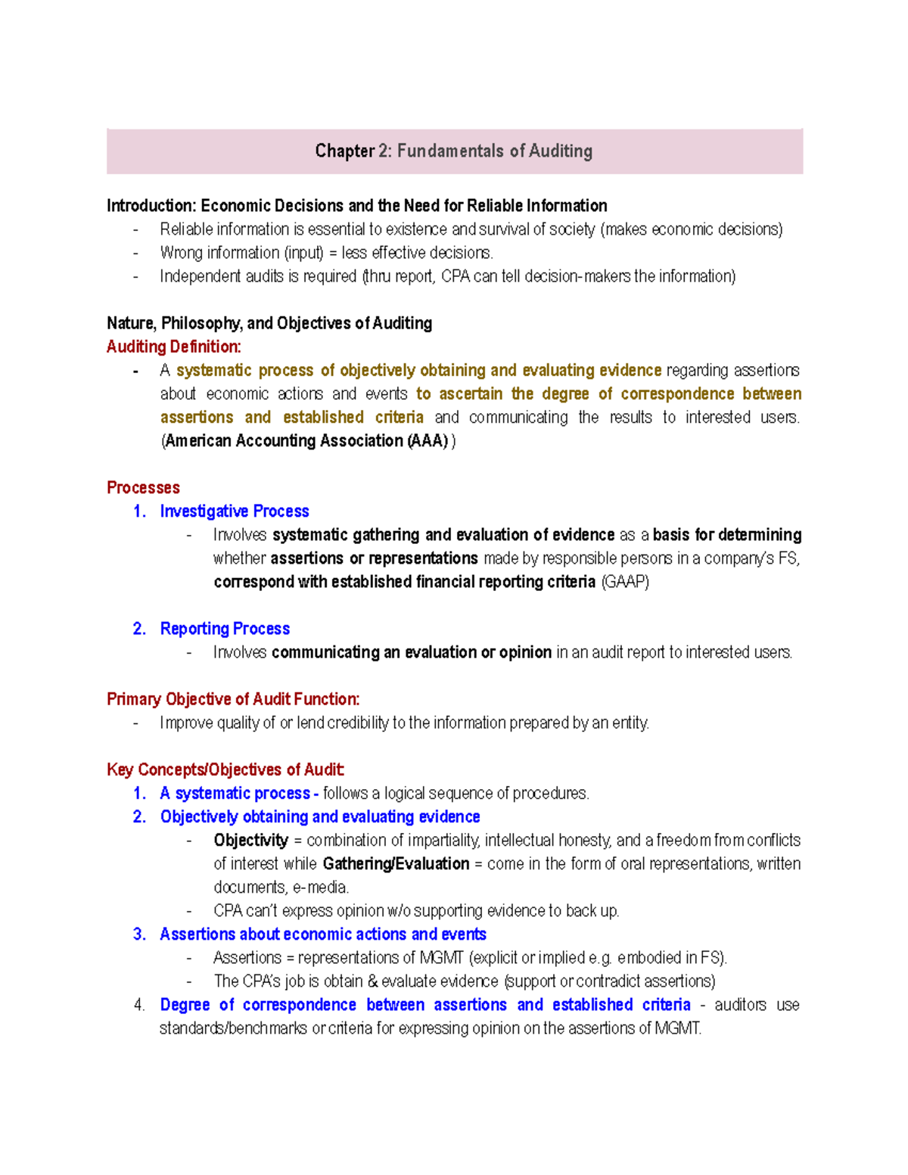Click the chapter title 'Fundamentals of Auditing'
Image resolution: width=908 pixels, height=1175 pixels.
(494, 151)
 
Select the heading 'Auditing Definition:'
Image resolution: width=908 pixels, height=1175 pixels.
(174, 347)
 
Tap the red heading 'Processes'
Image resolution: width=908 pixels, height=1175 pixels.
(143, 488)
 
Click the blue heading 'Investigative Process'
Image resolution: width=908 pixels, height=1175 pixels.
(235, 511)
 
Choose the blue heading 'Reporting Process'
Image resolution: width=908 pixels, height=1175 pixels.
(225, 629)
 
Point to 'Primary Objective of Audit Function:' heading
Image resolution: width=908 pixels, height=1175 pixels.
(233, 699)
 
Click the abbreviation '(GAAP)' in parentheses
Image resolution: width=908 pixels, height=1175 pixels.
(625, 582)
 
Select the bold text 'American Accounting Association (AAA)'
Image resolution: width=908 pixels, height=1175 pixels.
(306, 441)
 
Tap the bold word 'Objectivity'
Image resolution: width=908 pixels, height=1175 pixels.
(250, 841)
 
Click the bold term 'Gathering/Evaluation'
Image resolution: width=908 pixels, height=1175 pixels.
(396, 864)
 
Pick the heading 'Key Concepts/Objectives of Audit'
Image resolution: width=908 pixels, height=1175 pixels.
(225, 770)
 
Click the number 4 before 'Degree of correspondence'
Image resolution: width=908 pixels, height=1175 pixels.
(138, 1006)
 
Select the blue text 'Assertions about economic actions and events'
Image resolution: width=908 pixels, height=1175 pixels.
(323, 934)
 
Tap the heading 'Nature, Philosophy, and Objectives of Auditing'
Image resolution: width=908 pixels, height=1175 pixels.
(269, 324)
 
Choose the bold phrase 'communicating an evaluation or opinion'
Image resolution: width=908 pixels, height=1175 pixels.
(412, 652)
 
